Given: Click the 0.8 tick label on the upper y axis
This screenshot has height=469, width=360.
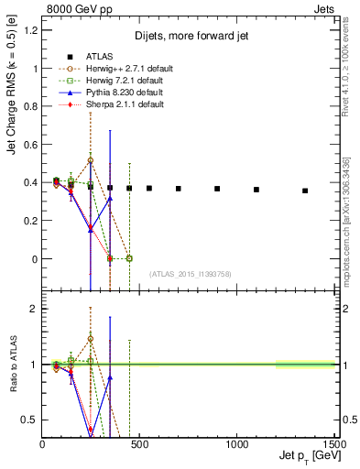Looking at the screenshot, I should pos(33,106).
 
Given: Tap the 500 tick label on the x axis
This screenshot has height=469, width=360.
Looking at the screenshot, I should pos(139,443).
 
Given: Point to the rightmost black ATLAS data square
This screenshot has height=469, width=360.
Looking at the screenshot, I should pos(305,191).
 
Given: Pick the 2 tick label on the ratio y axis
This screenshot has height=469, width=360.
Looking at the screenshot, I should pos(33,309).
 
